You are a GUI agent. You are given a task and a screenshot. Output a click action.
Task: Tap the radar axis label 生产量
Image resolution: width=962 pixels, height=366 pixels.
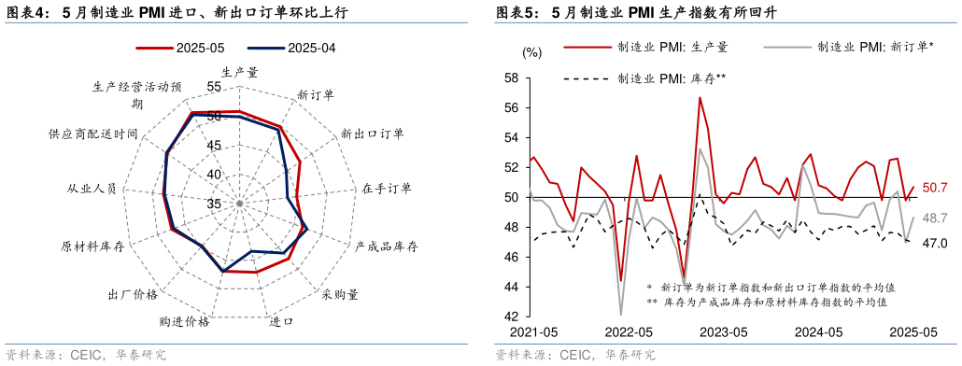[x=240, y=71]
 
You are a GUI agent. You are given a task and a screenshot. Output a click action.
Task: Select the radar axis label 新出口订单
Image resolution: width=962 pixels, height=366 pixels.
[x=373, y=134]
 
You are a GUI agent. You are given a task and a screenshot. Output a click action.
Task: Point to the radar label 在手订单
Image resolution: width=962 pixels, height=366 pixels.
[x=387, y=189]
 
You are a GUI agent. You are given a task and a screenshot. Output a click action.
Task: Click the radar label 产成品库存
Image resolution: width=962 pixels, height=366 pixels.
[x=386, y=246]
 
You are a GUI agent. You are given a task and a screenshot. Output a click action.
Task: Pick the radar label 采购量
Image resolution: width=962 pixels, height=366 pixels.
[x=340, y=294]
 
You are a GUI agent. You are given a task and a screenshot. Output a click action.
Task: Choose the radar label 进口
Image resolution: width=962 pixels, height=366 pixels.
[x=281, y=322]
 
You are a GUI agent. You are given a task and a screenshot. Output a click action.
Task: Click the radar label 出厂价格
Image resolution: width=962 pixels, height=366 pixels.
[x=133, y=294]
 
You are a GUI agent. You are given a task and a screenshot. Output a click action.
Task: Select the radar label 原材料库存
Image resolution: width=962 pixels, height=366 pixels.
[x=92, y=246]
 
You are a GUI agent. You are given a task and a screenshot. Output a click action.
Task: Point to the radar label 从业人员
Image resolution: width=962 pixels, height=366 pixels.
[x=92, y=189]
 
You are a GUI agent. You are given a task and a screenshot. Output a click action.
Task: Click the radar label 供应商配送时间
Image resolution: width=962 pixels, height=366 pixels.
[x=93, y=134]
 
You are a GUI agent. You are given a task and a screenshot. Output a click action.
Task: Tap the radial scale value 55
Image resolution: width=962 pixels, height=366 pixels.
[x=214, y=87]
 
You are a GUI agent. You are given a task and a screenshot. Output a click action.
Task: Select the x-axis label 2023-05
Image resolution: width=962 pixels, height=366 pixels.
[x=724, y=331]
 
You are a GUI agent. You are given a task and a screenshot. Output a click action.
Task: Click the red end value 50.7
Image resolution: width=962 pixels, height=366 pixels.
[x=935, y=188]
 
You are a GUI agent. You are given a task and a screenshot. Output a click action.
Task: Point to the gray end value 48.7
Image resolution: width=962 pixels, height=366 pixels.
[x=935, y=218]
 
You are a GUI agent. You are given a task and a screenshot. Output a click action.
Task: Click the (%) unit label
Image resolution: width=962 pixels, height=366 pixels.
[x=531, y=52]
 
